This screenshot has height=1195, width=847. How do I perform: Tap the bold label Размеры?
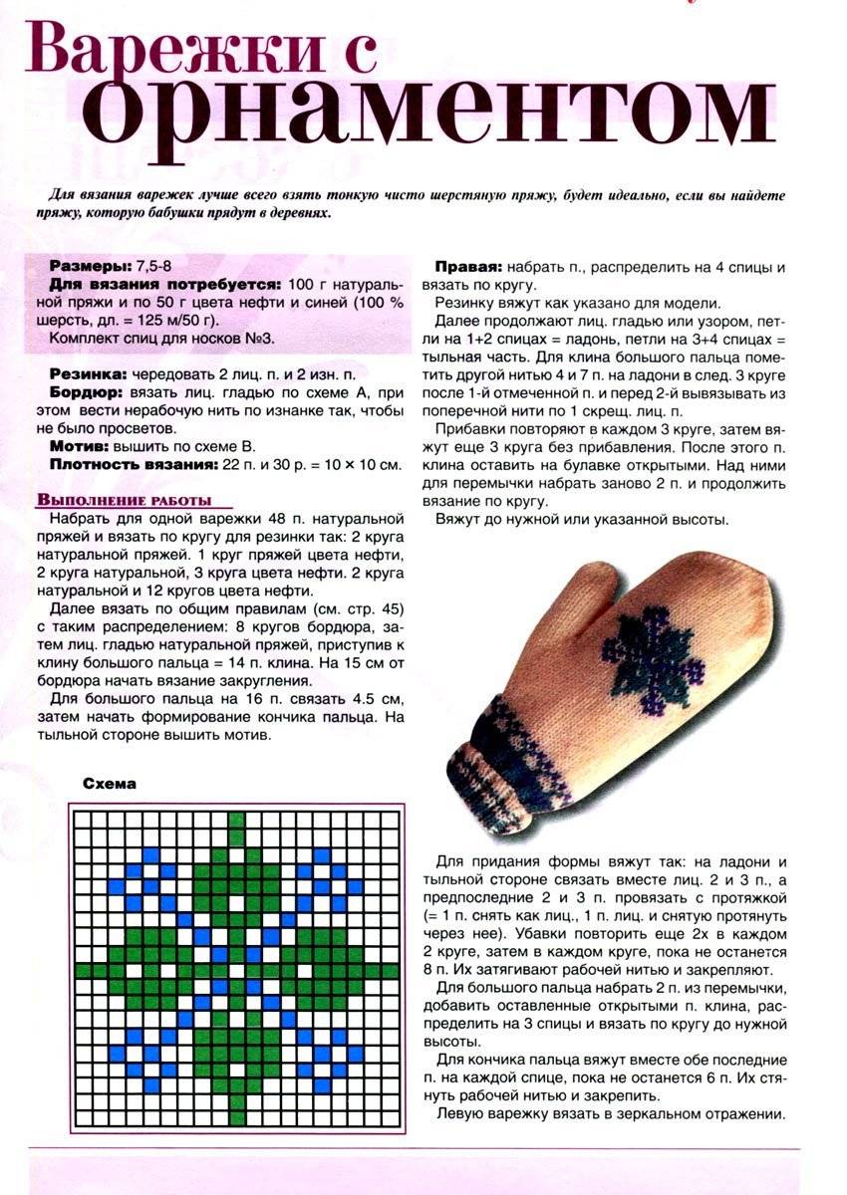pos(89,266)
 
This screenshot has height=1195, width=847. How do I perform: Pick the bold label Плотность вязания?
pos(133,464)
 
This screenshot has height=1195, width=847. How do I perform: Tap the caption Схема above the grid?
pos(110,784)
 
